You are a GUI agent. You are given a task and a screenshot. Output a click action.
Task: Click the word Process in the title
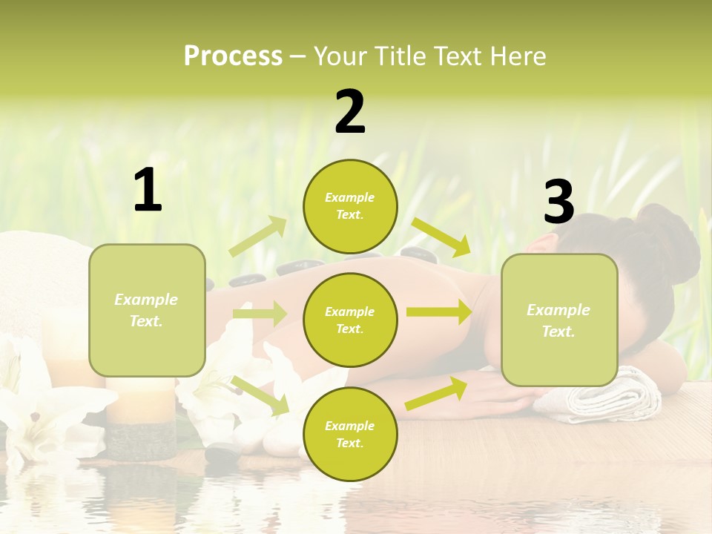pos(233,56)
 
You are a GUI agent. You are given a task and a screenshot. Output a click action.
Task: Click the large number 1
pos(148,191)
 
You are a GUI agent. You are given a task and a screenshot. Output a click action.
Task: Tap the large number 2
pos(350,112)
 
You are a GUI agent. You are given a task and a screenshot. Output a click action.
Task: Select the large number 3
pos(559,202)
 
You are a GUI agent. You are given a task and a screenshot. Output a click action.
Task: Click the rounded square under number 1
pos(147,310)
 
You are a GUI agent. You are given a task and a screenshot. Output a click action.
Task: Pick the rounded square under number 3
pos(559,320)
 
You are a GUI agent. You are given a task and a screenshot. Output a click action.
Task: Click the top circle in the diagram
pos(350,206)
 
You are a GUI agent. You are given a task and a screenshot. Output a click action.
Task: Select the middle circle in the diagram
pos(350,320)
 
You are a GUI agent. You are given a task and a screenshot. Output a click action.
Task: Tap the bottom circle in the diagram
pos(350,434)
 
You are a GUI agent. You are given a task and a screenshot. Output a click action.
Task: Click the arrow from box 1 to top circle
pos(258,237)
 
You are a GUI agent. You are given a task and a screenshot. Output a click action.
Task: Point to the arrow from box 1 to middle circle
pos(259,314)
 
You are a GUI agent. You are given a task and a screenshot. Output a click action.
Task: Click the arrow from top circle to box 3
pos(441,237)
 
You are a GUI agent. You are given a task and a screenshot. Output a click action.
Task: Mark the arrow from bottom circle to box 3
pos(436,394)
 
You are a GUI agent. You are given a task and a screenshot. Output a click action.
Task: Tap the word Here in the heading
pos(519,56)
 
